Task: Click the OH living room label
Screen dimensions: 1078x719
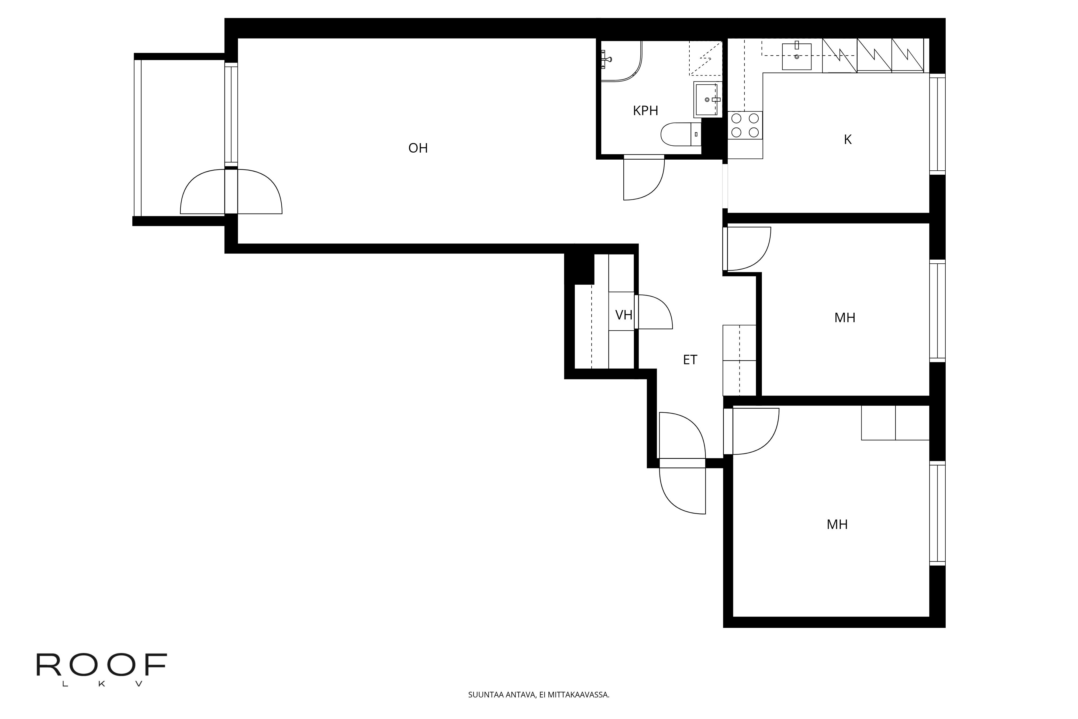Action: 418,148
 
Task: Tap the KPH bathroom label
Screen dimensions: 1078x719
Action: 645,111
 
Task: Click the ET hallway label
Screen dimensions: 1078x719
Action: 690,360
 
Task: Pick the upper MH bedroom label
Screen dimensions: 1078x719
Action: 845,318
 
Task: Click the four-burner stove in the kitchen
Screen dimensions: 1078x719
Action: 745,125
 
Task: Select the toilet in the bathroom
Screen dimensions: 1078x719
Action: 681,134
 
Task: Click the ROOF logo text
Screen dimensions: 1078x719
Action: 102,665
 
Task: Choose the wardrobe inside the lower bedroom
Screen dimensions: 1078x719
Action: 895,423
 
